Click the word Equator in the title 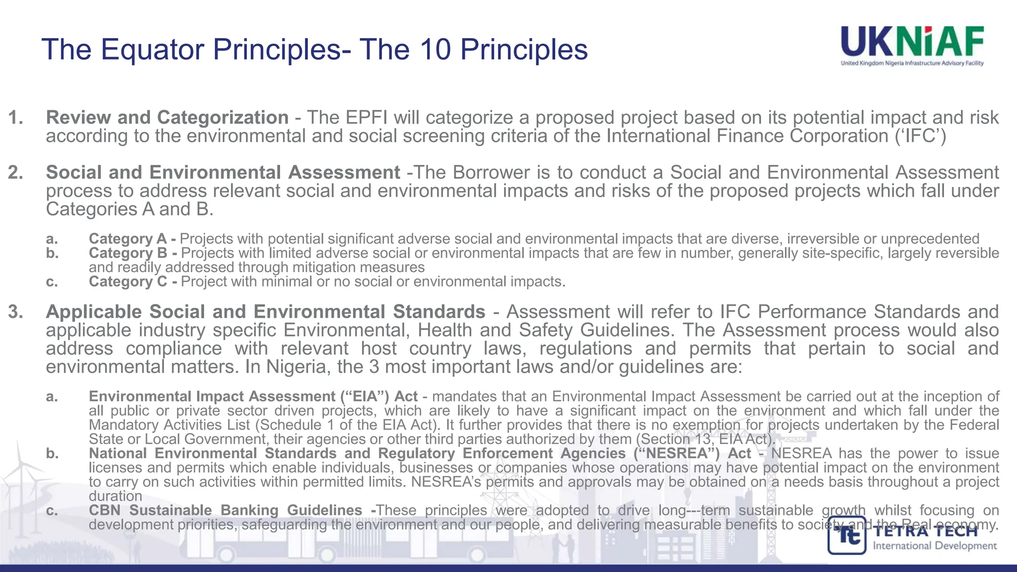point(151,50)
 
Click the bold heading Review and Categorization point(167,118)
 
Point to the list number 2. point(15,172)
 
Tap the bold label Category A point(128,239)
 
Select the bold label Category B point(128,253)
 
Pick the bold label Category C point(128,282)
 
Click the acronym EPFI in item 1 point(367,118)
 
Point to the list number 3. point(15,312)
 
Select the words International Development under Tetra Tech point(935,546)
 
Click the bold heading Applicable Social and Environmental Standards point(266,312)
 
